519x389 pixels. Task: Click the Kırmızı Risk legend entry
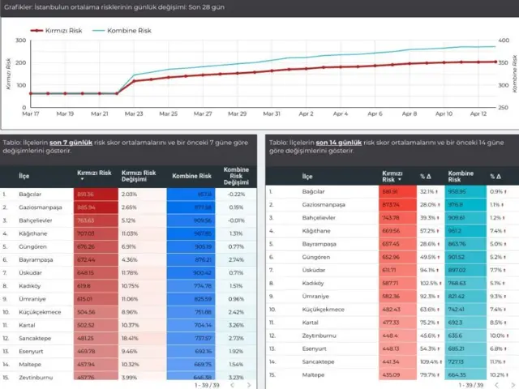[62, 30]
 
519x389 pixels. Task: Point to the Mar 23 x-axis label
[134, 114]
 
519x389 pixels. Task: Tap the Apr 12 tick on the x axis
[478, 114]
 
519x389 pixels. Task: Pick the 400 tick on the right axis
[503, 41]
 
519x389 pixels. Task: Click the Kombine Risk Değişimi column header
[235, 174]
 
